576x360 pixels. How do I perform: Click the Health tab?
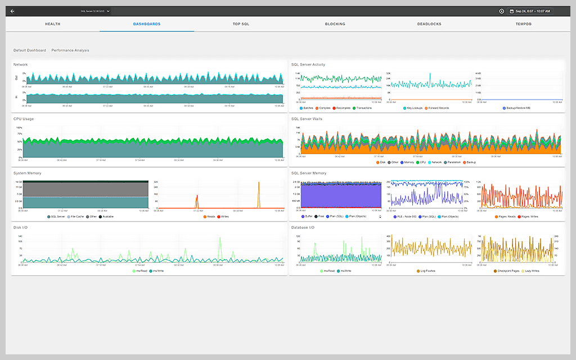pyautogui.click(x=53, y=24)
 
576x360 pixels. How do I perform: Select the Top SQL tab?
pyautogui.click(x=241, y=24)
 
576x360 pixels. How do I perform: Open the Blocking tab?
pyautogui.click(x=335, y=24)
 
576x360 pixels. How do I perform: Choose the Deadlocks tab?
pyautogui.click(x=429, y=24)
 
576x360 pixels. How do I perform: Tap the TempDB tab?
pyautogui.click(x=524, y=24)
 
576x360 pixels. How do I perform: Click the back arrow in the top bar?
pyautogui.click(x=12, y=11)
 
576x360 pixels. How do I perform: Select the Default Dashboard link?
pyautogui.click(x=30, y=51)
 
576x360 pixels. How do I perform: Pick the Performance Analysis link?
pyautogui.click(x=70, y=51)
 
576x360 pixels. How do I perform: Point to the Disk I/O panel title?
pyautogui.click(x=20, y=227)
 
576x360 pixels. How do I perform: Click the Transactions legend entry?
pyautogui.click(x=363, y=108)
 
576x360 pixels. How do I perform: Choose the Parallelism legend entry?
pyautogui.click(x=454, y=163)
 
